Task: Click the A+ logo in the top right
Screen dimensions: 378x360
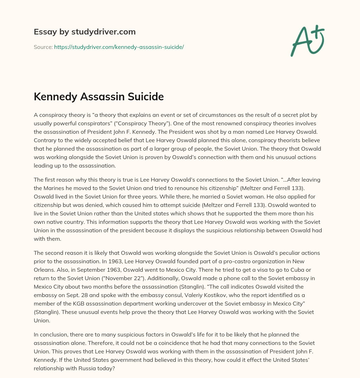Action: click(x=307, y=40)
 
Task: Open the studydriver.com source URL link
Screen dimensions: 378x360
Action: click(x=119, y=47)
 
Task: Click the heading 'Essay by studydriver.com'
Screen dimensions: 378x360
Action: click(x=84, y=32)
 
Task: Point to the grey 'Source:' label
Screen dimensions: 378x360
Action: click(x=43, y=47)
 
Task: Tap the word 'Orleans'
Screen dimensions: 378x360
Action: click(x=45, y=270)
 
